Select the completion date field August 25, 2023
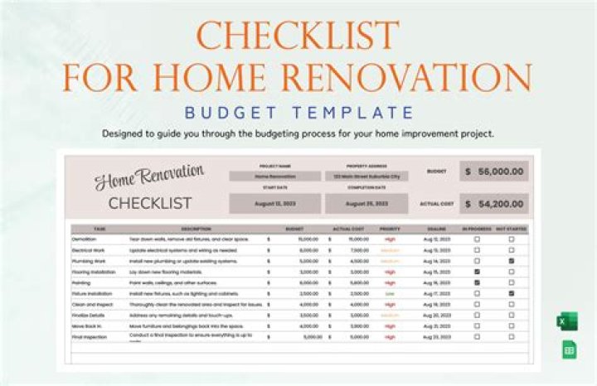coord(366,203)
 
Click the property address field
coord(366,176)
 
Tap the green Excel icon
coord(570,322)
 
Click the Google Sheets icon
coord(570,350)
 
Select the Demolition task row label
coord(86,239)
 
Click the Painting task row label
coord(82,282)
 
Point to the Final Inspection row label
coord(89,337)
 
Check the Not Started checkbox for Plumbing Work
coord(511,260)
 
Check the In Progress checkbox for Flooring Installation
coord(476,271)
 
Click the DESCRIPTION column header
coord(197,228)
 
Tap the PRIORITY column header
coord(390,228)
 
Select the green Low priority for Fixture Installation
coord(390,293)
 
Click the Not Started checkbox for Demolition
coord(511,239)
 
